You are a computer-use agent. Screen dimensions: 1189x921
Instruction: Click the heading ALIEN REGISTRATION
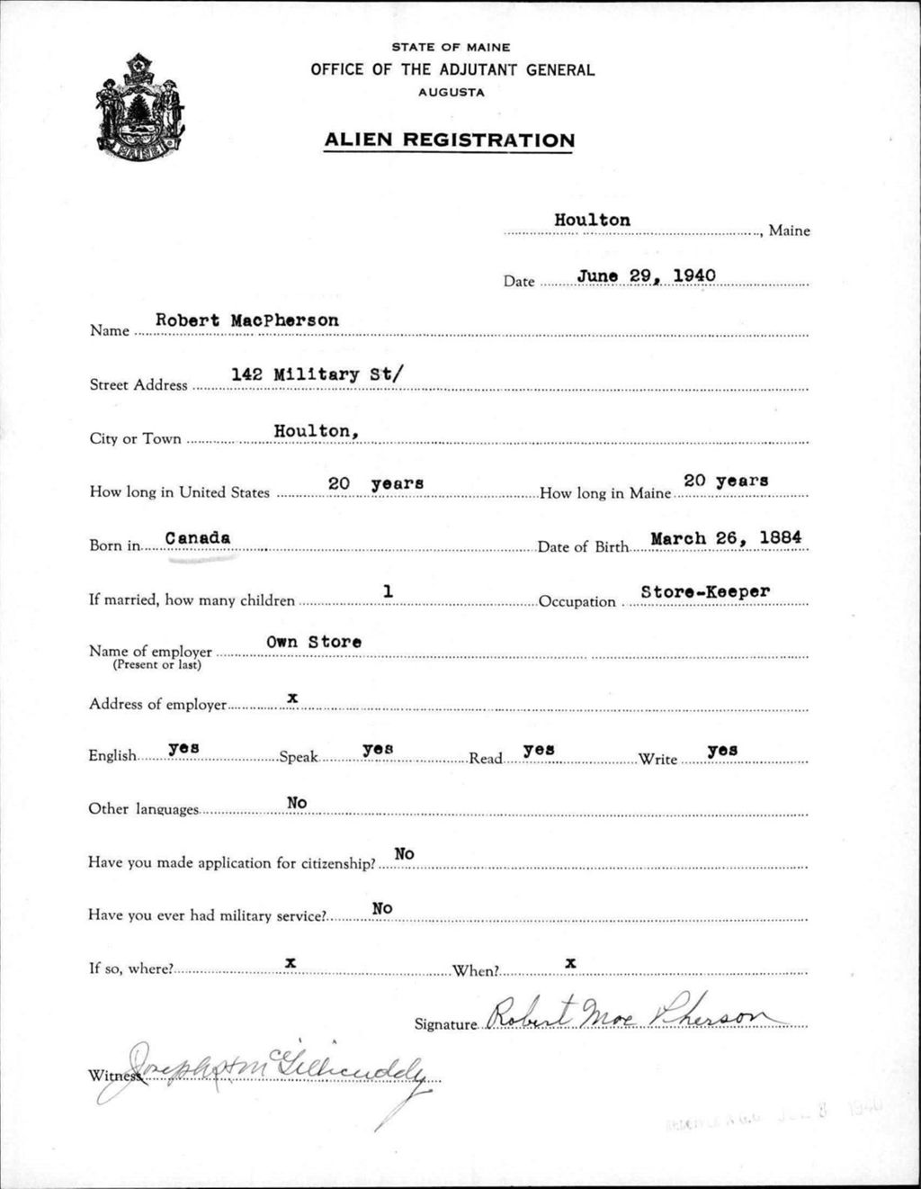pos(449,140)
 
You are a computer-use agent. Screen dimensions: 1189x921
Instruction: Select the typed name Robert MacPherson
pos(247,320)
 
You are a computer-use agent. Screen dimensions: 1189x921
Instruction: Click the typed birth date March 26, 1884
pos(726,538)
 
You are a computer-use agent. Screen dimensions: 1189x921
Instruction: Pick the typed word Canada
pos(198,537)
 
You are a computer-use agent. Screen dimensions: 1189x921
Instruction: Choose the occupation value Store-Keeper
pos(705,592)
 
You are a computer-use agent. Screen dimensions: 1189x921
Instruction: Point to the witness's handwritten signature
pos(270,1071)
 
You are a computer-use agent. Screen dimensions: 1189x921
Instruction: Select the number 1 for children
pos(388,591)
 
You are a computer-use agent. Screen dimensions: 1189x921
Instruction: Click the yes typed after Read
pos(538,749)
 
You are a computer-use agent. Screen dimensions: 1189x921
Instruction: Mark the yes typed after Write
pos(722,749)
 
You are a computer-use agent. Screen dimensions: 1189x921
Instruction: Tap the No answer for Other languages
pos(297,802)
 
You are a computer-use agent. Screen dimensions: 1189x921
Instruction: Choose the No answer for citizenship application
pos(404,853)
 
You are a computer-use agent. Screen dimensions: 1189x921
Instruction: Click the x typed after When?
pos(570,962)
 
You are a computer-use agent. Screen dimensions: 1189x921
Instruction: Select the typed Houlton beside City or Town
pos(317,431)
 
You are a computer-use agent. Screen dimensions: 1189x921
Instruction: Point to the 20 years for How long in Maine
pos(726,481)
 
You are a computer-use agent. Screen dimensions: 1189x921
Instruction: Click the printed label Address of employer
pos(157,704)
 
